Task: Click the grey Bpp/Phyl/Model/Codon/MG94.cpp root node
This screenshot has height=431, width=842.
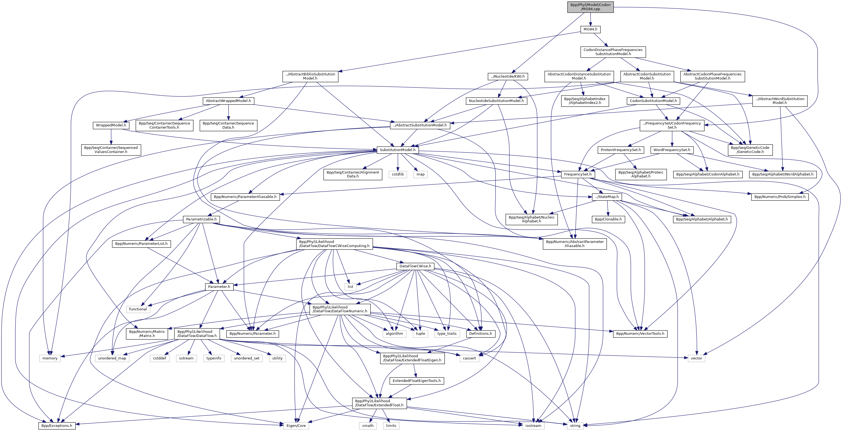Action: (590, 7)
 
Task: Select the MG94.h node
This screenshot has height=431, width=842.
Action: (590, 29)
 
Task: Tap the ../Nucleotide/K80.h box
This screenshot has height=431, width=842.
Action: (508, 76)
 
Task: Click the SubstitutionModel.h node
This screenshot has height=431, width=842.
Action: (397, 150)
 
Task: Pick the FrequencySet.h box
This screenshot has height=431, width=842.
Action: (578, 174)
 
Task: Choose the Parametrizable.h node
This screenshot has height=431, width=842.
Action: (201, 219)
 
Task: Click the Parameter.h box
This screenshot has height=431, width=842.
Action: (219, 287)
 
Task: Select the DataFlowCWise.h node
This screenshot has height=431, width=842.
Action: (415, 266)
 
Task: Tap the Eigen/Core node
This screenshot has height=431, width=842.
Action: (296, 426)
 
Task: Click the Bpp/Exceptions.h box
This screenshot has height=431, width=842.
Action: (57, 426)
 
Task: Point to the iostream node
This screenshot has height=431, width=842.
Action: (533, 426)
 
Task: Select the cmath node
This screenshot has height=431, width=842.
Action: (368, 426)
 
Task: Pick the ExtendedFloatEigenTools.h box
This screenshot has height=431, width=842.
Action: (416, 381)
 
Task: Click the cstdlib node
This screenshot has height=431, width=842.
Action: (397, 174)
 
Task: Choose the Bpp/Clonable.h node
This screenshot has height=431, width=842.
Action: (608, 219)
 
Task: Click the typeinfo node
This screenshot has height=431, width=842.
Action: (214, 358)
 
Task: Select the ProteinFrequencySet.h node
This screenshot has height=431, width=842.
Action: (621, 150)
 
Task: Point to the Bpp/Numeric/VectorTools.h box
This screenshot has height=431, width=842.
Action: (640, 334)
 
